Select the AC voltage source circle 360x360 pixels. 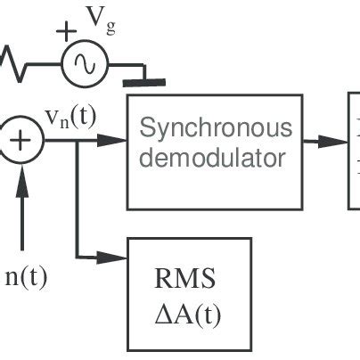coord(85,63)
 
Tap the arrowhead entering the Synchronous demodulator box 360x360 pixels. coord(115,140)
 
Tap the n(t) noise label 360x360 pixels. coord(26,275)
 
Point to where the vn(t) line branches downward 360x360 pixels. coord(79,140)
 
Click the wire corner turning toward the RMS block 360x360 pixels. coord(79,257)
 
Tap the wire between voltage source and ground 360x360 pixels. coord(125,63)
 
